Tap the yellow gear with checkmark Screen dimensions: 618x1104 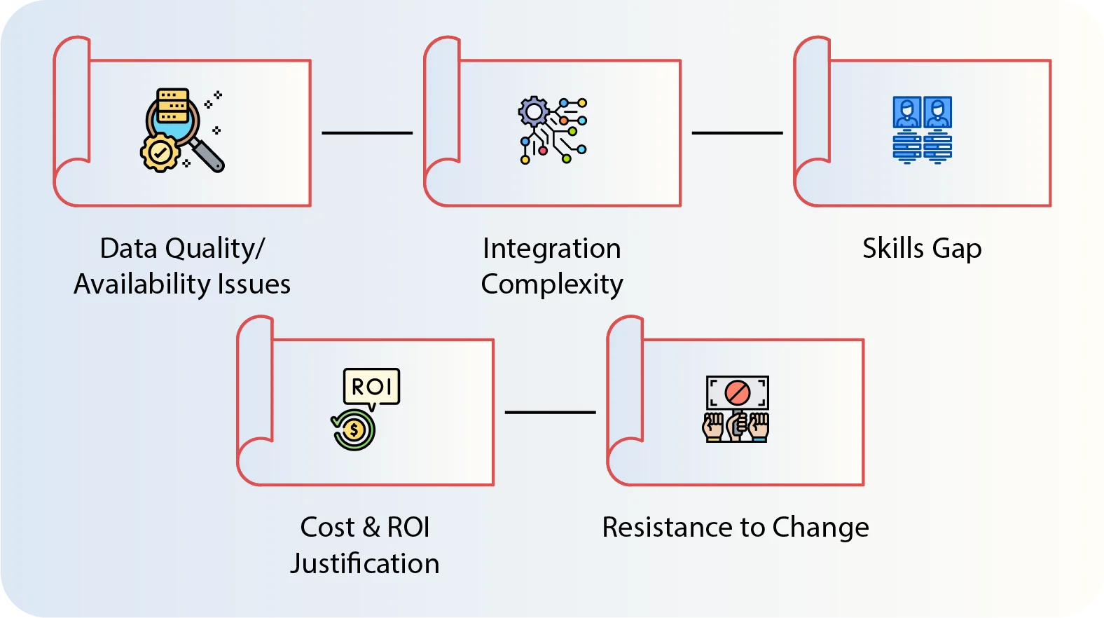[160, 152]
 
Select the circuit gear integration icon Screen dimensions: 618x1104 [552, 130]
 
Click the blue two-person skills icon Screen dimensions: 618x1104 [922, 130]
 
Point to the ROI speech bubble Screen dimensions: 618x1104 [371, 386]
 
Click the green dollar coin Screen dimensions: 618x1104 [354, 430]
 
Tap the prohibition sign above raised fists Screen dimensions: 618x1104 [737, 392]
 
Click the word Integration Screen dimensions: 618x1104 [551, 249]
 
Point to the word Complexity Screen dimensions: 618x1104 [551, 284]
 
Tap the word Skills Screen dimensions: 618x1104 [892, 249]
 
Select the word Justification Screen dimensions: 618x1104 [365, 564]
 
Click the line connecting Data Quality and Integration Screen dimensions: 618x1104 [367, 132]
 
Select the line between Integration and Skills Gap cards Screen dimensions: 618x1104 [737, 132]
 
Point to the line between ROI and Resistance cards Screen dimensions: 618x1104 [550, 412]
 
